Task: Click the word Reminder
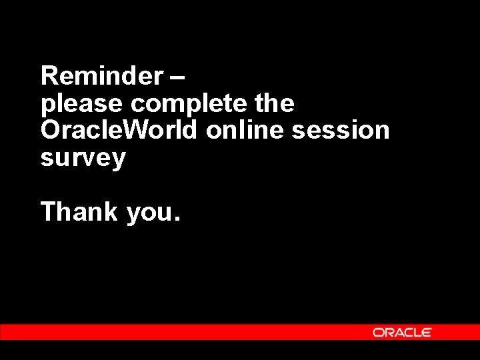pos(101,77)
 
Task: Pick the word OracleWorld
pos(119,131)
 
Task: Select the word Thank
pos(79,212)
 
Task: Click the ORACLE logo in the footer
pos(402,332)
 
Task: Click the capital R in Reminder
pos(49,77)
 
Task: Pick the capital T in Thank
pos(49,212)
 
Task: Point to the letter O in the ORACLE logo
pos(377,332)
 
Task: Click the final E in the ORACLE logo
pos(427,332)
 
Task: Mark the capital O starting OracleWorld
pos(51,131)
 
